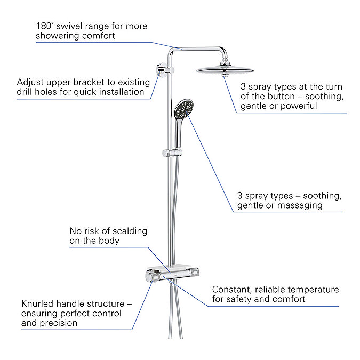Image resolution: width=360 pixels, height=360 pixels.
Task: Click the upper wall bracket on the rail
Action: pyautogui.click(x=162, y=69)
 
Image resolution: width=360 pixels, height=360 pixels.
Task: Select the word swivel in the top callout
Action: pyautogui.click(x=74, y=26)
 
